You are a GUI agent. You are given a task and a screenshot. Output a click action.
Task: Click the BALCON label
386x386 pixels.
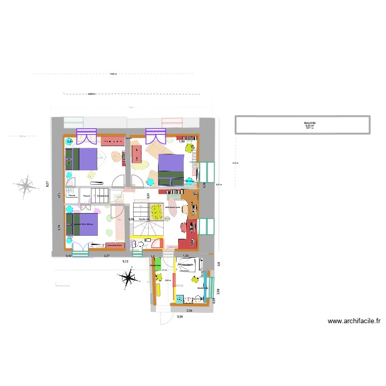[x=309, y=123]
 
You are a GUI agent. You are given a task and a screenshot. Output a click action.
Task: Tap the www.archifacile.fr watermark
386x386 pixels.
[x=355, y=322]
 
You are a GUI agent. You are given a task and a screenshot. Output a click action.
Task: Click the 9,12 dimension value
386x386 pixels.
[x=125, y=261]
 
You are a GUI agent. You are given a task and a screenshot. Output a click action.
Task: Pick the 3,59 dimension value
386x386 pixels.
[x=180, y=317]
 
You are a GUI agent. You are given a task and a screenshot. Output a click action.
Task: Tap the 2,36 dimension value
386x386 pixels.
[x=189, y=311]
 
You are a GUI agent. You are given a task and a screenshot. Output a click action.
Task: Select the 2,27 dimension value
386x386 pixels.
[x=107, y=255]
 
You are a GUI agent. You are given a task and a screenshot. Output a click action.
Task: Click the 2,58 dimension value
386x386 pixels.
[x=218, y=291]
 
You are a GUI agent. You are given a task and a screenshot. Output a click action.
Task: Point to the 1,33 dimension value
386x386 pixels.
[x=186, y=256]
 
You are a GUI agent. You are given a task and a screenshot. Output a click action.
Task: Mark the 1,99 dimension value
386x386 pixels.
[x=182, y=142]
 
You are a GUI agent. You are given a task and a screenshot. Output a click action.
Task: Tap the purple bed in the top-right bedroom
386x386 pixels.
[x=171, y=169]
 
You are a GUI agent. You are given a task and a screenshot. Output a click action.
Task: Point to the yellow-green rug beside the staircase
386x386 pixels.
[x=155, y=211]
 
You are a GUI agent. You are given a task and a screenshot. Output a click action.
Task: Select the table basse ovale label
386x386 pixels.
[x=173, y=208]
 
